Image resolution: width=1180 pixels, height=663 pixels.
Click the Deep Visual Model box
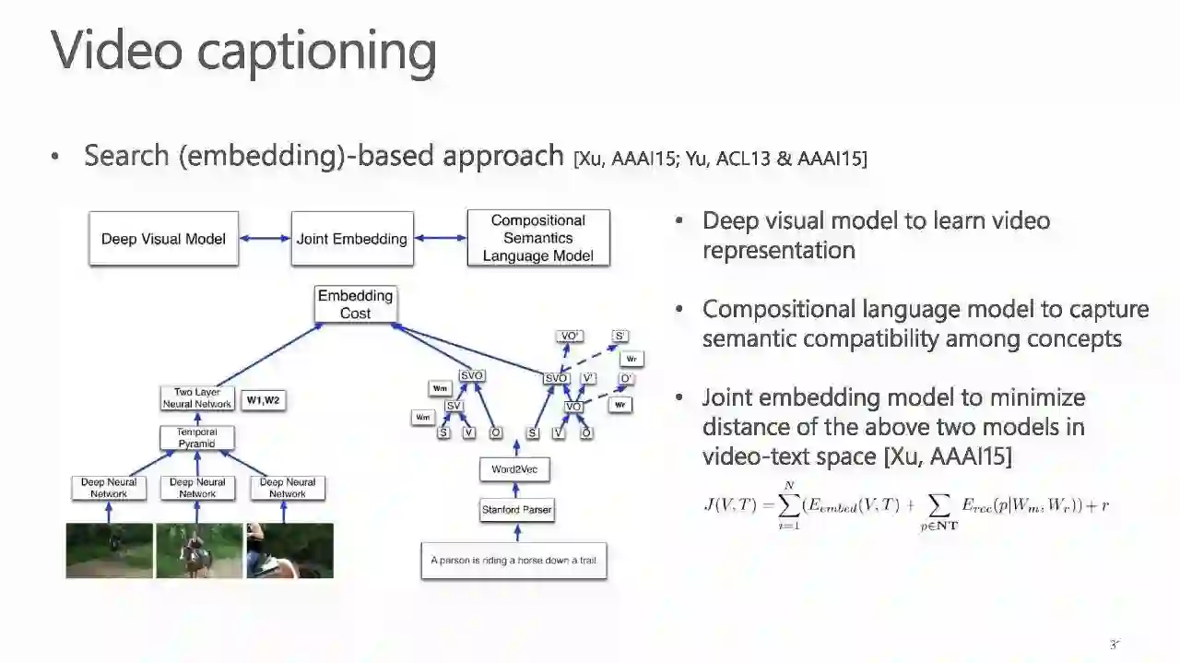point(163,239)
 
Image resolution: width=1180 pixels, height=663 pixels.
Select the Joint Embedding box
point(351,239)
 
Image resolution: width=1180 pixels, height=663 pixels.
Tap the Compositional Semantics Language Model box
point(537,238)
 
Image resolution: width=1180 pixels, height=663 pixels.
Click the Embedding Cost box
point(355,304)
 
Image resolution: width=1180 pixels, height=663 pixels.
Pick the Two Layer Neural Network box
point(197,398)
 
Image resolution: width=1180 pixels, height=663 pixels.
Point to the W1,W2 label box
point(263,400)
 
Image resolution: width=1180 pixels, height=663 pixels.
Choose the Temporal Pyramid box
point(196,438)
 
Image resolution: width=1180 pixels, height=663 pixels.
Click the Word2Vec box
point(514,469)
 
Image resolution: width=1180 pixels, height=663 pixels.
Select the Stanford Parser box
point(516,510)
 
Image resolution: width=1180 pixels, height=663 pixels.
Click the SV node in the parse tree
point(454,406)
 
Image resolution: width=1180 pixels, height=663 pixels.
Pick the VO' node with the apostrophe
point(570,337)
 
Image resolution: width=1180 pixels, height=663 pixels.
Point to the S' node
point(620,337)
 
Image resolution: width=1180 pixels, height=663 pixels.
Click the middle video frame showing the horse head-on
point(198,551)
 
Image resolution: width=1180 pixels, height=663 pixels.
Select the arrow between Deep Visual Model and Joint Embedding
point(265,239)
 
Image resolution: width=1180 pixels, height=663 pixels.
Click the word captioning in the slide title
point(315,51)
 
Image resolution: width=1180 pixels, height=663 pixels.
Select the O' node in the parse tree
point(626,378)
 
